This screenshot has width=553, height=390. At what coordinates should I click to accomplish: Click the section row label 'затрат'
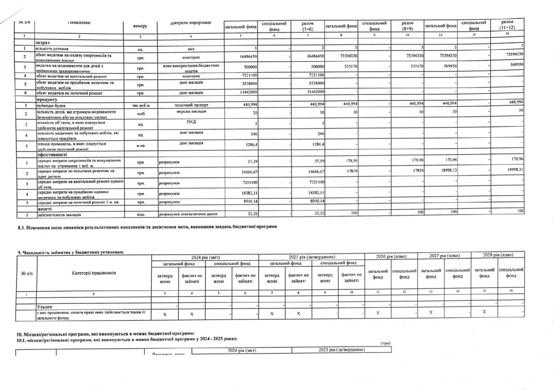pos(41,42)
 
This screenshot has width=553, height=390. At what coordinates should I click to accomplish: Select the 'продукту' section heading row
pos(45,99)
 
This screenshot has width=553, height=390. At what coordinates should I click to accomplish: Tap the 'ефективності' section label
pos(48,155)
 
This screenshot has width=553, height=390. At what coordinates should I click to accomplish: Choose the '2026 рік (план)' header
pos(389,256)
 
